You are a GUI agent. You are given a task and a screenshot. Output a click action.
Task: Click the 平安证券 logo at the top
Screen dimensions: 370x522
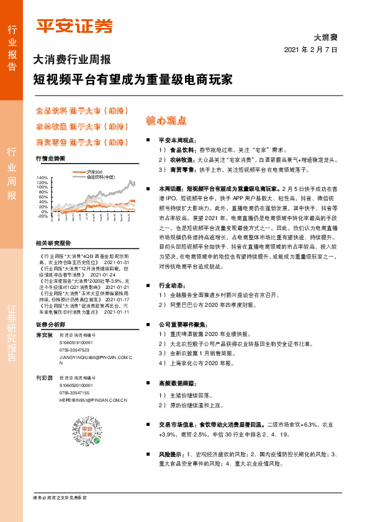click(x=74, y=26)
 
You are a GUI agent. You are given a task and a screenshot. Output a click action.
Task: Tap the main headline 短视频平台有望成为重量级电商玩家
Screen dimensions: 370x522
click(x=133, y=80)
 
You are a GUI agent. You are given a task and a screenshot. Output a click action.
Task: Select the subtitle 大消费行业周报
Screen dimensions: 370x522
click(x=71, y=60)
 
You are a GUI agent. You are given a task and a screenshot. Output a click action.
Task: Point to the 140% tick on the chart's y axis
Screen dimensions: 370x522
click(x=43, y=178)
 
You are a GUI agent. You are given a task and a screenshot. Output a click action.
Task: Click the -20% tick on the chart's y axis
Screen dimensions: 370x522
click(x=43, y=216)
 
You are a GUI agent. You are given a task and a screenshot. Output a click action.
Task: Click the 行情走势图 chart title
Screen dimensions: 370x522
click(x=50, y=159)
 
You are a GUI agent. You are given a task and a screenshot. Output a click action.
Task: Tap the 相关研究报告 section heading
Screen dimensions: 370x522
click(x=53, y=243)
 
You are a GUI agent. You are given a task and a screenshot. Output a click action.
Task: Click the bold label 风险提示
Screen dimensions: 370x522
click(x=171, y=454)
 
